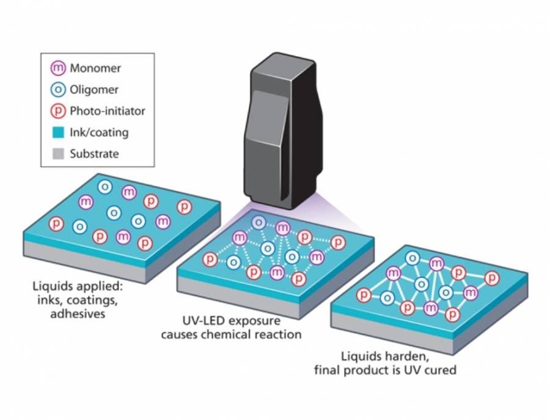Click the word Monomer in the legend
tap(95, 68)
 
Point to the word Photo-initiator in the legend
tap(108, 111)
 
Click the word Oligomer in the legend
tap(94, 90)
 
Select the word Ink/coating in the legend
tap(99, 132)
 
